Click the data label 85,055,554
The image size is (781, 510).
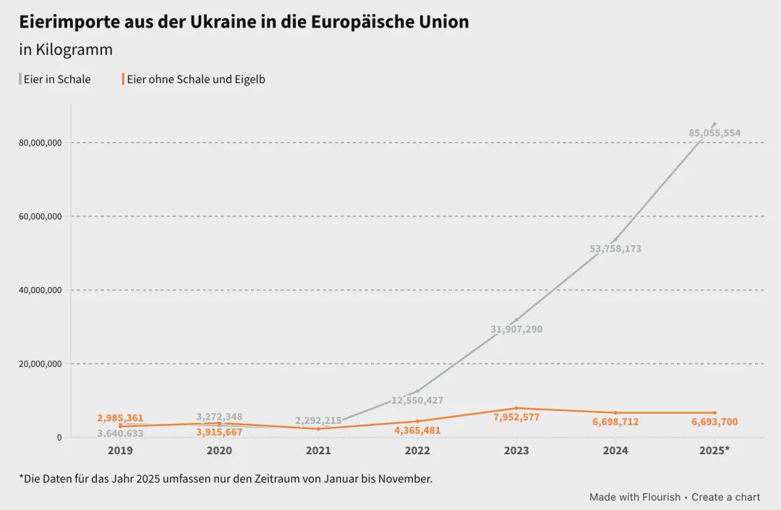pos(714,133)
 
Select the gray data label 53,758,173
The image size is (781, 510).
pos(615,249)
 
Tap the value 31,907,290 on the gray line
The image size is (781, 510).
pos(516,329)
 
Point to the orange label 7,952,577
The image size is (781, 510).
pos(516,417)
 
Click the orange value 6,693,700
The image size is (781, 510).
pos(714,422)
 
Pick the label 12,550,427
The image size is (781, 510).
pos(417,400)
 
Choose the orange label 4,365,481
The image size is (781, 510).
pos(417,430)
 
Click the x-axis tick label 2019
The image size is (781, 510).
pos(120,451)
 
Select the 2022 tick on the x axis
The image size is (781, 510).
pos(417,451)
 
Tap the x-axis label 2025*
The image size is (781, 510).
pos(714,451)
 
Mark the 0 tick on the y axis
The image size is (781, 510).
pos(59,438)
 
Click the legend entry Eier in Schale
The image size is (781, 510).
pos(57,80)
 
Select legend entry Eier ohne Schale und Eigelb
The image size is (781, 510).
pos(195,80)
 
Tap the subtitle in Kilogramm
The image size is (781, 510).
pos(66,50)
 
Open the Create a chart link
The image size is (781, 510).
pos(725,497)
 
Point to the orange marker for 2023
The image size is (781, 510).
pos(516,408)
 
